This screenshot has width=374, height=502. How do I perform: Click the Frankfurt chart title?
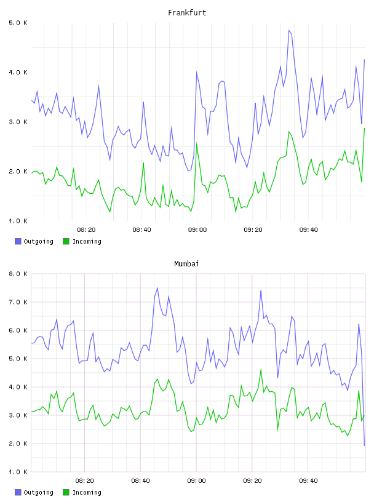pyautogui.click(x=187, y=13)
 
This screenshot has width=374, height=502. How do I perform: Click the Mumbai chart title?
pyautogui.click(x=186, y=264)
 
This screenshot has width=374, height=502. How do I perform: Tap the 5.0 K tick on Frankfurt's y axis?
pyautogui.click(x=18, y=23)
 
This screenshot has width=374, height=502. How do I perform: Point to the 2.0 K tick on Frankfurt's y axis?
pyautogui.click(x=18, y=172)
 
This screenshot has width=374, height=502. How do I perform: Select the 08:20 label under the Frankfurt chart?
pyautogui.click(x=86, y=230)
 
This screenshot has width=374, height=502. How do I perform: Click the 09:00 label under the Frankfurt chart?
pyautogui.click(x=197, y=230)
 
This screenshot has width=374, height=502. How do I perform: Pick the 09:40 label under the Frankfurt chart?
pyautogui.click(x=309, y=230)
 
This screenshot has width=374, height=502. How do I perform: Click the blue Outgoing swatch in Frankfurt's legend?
pyautogui.click(x=18, y=241)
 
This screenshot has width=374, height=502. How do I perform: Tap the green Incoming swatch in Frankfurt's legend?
pyautogui.click(x=66, y=241)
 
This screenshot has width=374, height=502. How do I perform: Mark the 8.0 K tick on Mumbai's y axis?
pyautogui.click(x=18, y=274)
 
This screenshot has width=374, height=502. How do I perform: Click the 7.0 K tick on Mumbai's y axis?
pyautogui.click(x=18, y=302)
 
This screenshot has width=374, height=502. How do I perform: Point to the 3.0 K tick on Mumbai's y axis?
pyautogui.click(x=18, y=415)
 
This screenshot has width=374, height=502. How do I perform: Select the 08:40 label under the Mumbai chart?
pyautogui.click(x=141, y=481)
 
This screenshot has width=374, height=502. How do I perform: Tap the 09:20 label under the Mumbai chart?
pyautogui.click(x=252, y=481)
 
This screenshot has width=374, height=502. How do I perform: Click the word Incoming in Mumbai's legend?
pyautogui.click(x=87, y=492)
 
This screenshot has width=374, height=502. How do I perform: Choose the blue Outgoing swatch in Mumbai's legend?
pyautogui.click(x=18, y=492)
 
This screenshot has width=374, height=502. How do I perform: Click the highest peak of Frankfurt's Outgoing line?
pyautogui.click(x=289, y=30)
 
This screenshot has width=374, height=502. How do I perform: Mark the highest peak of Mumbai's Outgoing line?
pyautogui.click(x=157, y=288)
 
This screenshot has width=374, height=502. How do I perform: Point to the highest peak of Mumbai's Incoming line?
pyautogui.click(x=261, y=370)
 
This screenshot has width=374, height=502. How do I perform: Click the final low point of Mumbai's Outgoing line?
pyautogui.click(x=364, y=445)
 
